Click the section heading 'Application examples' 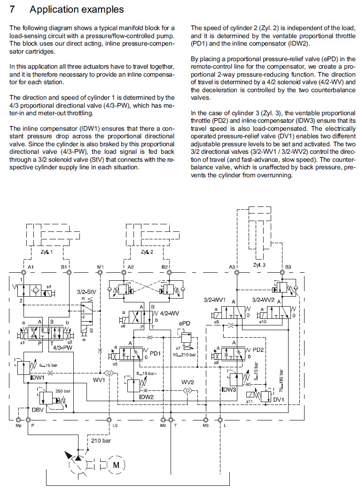click(x=77, y=9)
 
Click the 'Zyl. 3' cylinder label click(x=259, y=265)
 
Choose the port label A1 click(x=31, y=267)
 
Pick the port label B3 click(x=288, y=267)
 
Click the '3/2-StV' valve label click(x=86, y=292)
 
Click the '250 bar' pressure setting click(x=63, y=391)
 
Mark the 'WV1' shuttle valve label click(x=98, y=380)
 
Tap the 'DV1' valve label click(x=279, y=399)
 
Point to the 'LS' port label click(x=115, y=425)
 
